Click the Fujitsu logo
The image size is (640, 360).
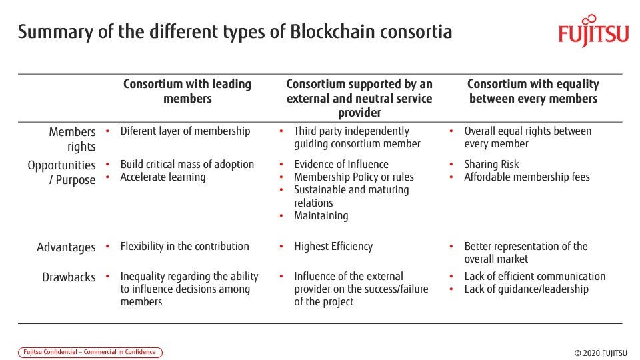593,31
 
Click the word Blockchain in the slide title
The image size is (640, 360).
333,31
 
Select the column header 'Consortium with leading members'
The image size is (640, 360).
187,91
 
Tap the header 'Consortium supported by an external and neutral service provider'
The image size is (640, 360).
359,98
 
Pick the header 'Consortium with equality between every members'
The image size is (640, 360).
533,91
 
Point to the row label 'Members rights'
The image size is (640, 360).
72,139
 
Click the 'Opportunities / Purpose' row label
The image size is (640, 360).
61,172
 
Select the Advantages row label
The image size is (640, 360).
66,247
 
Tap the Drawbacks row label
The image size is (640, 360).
69,277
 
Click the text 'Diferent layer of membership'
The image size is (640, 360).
185,131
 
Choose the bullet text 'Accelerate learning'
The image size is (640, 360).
163,177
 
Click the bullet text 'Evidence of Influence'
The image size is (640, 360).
341,164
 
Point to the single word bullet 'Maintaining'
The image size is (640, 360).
321,215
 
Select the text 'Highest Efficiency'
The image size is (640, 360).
333,246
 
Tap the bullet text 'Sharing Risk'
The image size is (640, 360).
491,164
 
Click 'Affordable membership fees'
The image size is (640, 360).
527,177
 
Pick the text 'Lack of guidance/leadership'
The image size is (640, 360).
527,289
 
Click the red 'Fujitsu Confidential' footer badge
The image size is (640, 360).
90,352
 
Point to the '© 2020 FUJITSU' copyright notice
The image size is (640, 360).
601,353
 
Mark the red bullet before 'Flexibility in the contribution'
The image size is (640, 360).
107,246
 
